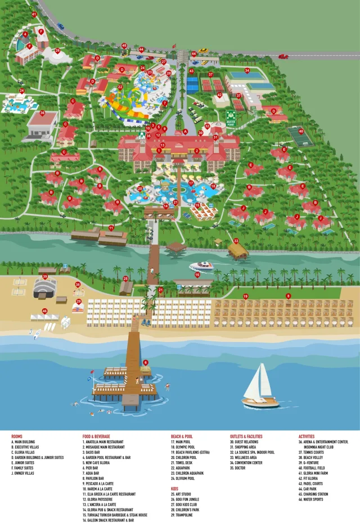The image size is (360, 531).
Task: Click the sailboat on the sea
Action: (x=259, y=388)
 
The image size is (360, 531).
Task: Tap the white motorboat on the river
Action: (x=201, y=266)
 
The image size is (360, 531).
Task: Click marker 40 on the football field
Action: (x=301, y=131)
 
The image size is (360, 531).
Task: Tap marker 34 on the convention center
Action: (x=247, y=70)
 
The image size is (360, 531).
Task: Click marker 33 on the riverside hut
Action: (x=237, y=241)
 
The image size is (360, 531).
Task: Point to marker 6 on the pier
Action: (x=146, y=362)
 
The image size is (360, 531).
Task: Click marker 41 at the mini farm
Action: (x=34, y=14)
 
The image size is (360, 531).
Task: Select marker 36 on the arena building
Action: (x=43, y=113)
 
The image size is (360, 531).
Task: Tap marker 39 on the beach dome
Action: (x=45, y=276)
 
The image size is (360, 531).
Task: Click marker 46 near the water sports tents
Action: (x=44, y=310)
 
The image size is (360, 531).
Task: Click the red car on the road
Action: (x=283, y=56)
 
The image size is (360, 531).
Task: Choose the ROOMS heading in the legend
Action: (x=17, y=436)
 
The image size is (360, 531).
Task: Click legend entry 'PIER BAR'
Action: (x=92, y=467)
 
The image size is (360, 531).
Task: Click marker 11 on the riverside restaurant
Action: (x=111, y=228)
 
